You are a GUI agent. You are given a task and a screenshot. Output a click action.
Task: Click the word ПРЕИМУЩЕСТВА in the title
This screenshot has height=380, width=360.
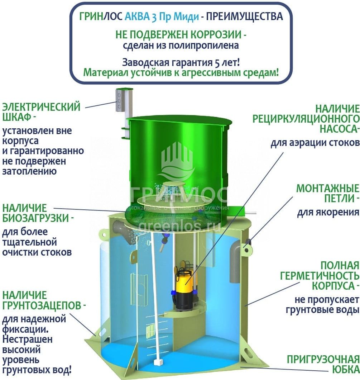tap(244, 16)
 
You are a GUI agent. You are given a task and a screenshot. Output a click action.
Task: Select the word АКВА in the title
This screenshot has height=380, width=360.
tap(137, 16)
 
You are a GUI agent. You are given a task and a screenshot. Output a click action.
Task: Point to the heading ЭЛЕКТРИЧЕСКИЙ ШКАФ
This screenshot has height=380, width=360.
tap(41, 112)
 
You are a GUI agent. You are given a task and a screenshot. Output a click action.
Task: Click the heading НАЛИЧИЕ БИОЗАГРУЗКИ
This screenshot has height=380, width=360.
tap(38, 213)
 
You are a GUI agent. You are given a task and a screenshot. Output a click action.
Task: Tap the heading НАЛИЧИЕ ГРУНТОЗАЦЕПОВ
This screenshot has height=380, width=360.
tap(44, 300)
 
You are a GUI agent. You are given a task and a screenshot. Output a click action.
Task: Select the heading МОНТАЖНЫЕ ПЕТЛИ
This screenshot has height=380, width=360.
tap(328, 193)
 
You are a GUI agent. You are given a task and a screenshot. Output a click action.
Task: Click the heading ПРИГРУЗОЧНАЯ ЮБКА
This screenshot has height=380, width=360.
tap(323, 364)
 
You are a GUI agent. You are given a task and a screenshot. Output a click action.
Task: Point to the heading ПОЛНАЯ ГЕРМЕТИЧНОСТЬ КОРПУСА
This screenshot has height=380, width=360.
tap(320, 276)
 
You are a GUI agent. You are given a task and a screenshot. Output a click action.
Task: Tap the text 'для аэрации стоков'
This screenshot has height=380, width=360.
tap(315, 143)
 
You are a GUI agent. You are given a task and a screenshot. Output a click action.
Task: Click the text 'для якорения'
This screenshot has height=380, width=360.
tap(328, 212)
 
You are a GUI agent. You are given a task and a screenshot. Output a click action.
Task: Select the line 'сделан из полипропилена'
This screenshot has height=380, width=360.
tap(181, 45)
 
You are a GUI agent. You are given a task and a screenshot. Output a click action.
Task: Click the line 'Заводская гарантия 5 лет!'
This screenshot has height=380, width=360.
tap(181, 62)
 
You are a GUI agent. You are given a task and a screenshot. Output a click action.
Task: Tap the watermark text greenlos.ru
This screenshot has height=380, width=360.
tap(179, 226)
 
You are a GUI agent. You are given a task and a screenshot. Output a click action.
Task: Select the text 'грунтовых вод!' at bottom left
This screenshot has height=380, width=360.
tap(37, 370)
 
